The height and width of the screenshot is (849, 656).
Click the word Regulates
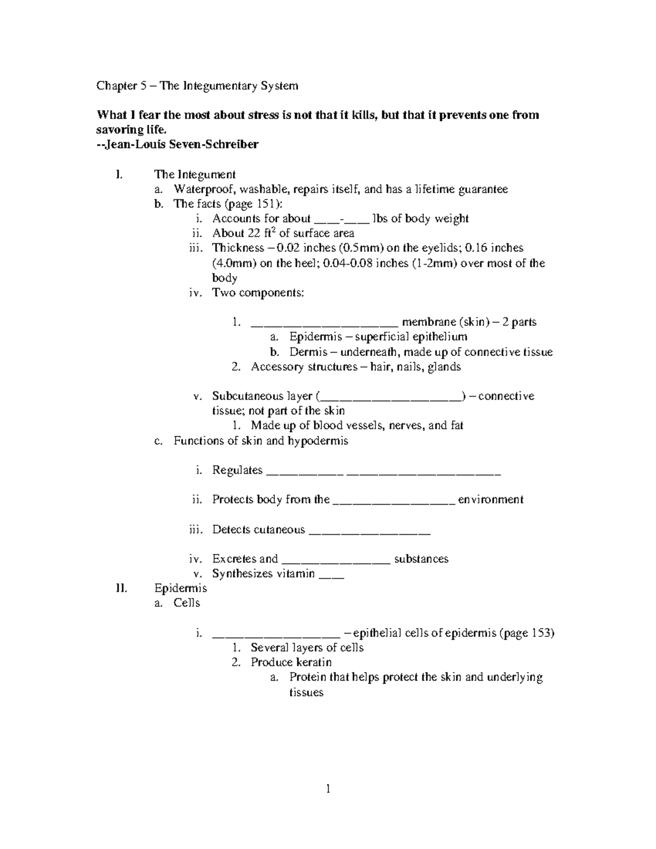pyautogui.click(x=237, y=470)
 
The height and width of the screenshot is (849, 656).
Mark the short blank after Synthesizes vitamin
pyautogui.click(x=331, y=575)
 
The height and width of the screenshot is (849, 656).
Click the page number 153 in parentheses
pyautogui.click(x=541, y=633)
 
